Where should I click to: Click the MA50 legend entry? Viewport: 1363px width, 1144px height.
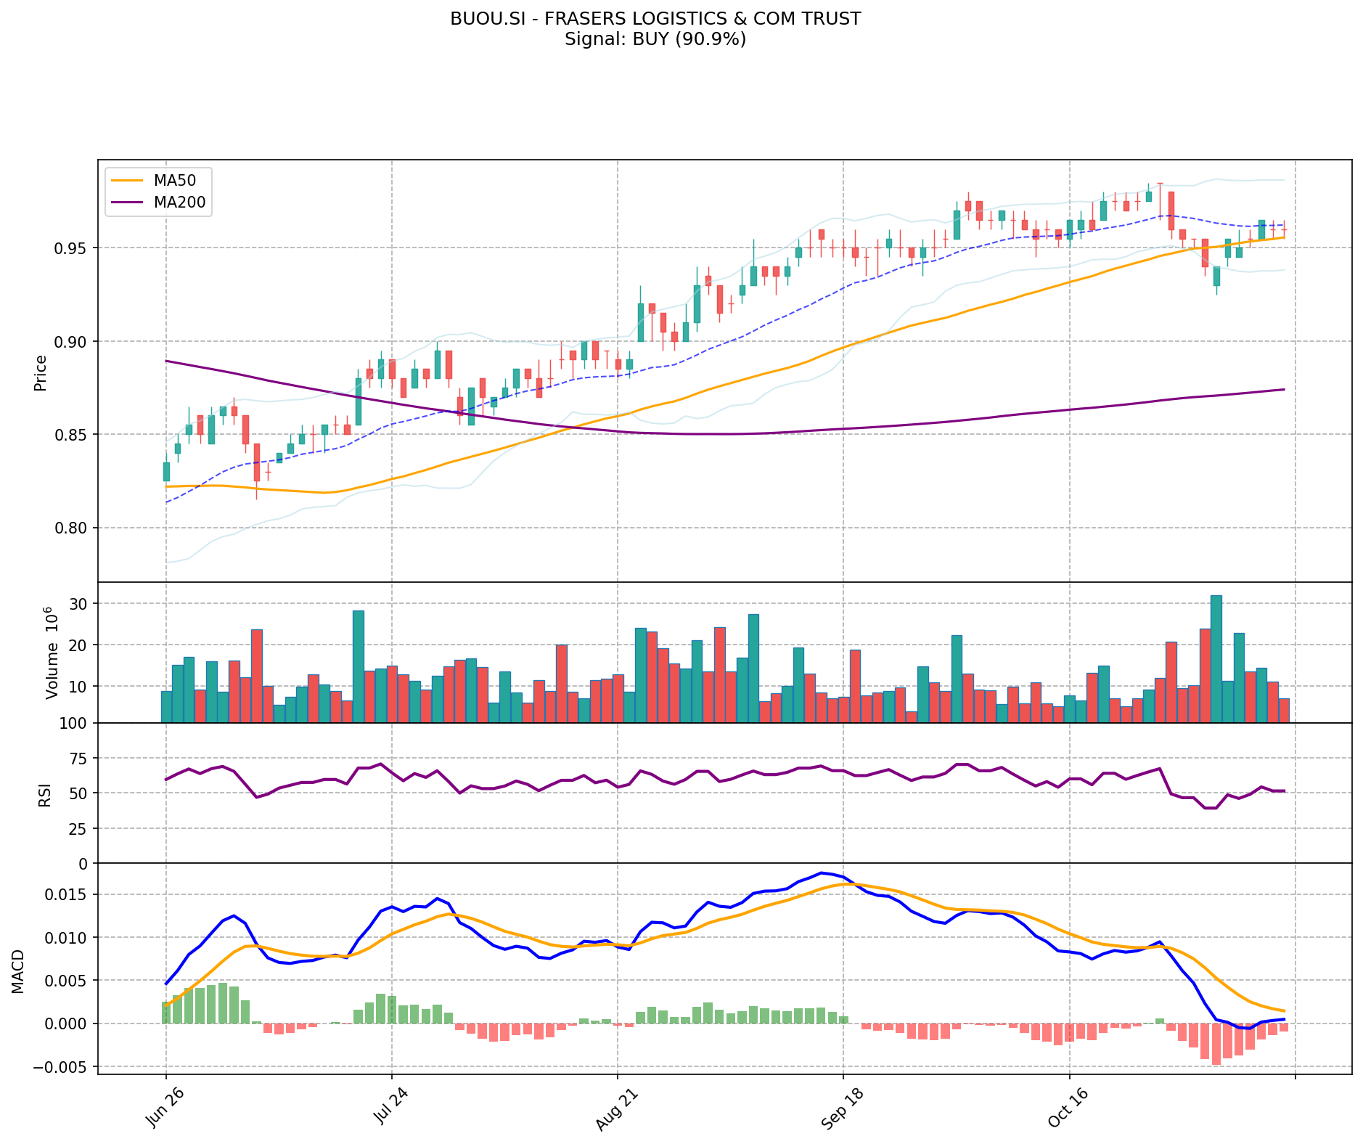[x=173, y=179]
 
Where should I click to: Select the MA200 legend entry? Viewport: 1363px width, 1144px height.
[x=179, y=203]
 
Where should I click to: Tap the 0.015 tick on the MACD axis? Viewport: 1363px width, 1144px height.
[x=69, y=894]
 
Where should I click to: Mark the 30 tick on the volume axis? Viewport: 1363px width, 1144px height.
[x=80, y=604]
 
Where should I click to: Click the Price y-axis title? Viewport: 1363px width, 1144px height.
[x=41, y=372]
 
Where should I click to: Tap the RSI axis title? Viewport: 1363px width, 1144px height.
[x=45, y=794]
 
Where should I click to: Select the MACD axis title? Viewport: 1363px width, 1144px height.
[x=17, y=971]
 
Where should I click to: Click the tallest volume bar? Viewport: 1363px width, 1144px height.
[x=1216, y=658]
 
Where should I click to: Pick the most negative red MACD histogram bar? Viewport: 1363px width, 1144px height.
[x=1216, y=1044]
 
